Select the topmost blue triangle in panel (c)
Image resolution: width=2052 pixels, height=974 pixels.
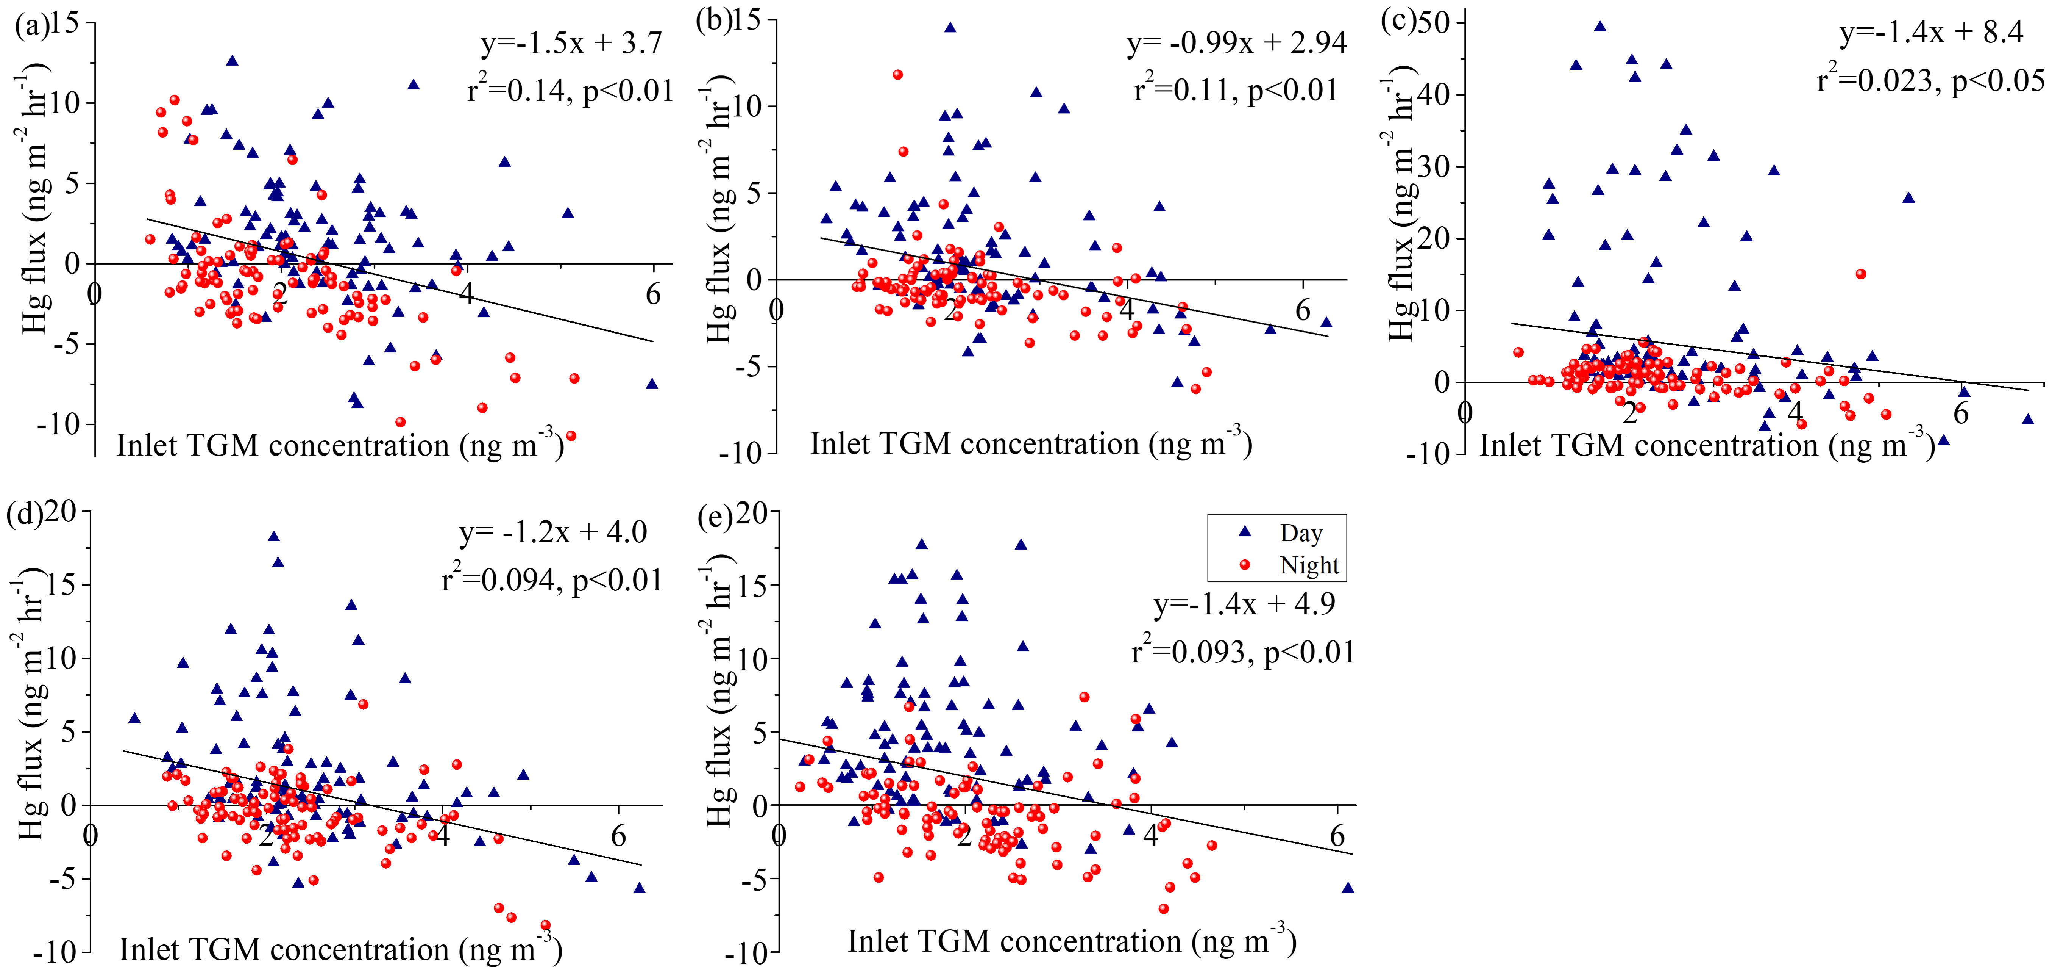(x=1599, y=26)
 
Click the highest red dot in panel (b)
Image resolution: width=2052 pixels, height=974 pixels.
(x=898, y=75)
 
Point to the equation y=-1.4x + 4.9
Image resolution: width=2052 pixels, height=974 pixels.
(x=1244, y=604)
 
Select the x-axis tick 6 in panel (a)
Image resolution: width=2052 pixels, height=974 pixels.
(x=653, y=295)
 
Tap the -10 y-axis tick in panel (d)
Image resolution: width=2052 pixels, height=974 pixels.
(x=56, y=952)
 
